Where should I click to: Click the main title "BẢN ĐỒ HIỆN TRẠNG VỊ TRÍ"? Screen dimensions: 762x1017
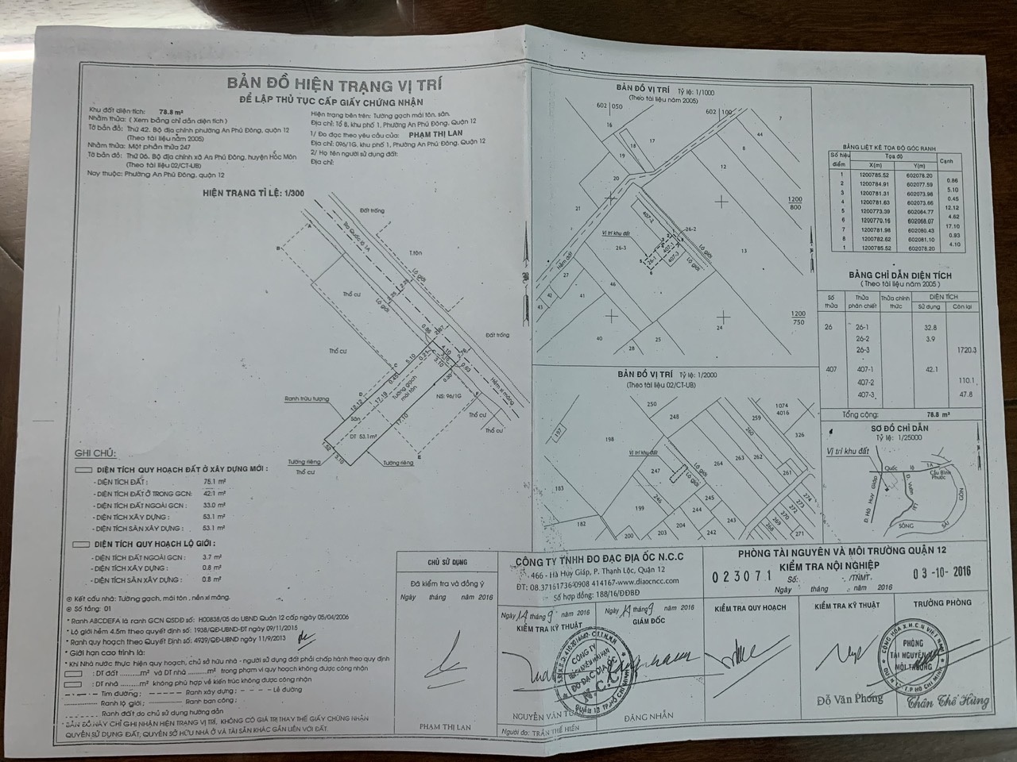(334, 84)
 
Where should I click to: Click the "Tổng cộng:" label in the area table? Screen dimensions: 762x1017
(860, 414)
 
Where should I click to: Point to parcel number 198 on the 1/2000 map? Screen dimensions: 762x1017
(609, 438)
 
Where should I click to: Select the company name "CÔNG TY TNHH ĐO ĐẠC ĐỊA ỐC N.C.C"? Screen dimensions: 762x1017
(597, 557)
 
